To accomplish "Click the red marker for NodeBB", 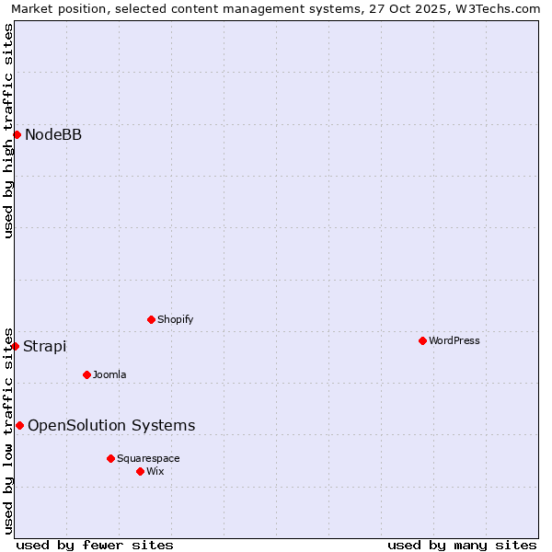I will [x=17, y=134].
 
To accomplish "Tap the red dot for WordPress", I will [x=422, y=340].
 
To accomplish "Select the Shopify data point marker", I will [x=151, y=319].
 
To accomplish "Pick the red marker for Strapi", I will [x=16, y=346].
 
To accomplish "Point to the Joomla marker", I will [x=86, y=374].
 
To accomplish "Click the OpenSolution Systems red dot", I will [x=19, y=425].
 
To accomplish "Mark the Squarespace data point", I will [x=110, y=458].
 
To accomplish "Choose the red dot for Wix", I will [x=140, y=471].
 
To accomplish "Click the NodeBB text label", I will [x=53, y=135].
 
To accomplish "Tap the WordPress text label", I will [x=454, y=340].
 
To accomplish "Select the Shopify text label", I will [x=176, y=319].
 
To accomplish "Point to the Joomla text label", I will [x=109, y=374].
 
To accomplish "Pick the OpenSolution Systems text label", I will [x=111, y=425].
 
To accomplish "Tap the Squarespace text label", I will [x=148, y=458].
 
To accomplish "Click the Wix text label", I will [x=155, y=471].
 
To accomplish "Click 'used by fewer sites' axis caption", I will [x=95, y=545].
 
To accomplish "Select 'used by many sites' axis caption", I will [x=462, y=545].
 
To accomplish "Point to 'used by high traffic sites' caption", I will [x=8, y=131].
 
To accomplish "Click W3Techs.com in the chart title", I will [x=495, y=8].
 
